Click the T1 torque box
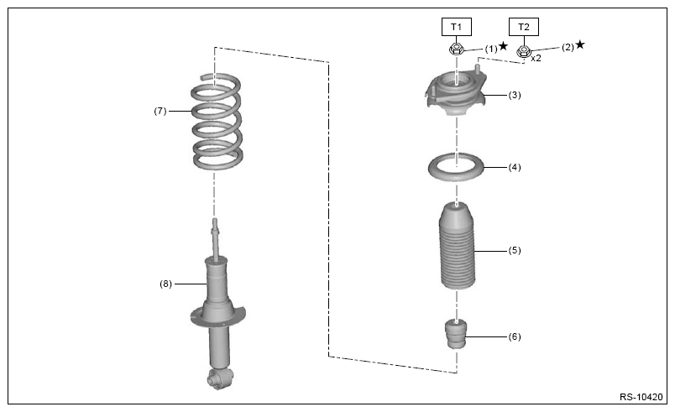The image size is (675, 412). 457,27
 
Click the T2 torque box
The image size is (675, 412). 524,27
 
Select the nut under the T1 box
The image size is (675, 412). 457,49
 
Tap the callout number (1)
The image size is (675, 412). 491,49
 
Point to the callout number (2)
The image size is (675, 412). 568,47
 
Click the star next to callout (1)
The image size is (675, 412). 503,45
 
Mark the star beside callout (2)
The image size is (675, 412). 580,44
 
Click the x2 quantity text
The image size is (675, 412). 536,58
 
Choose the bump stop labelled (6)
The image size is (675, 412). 457,334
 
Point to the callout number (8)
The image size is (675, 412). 165,284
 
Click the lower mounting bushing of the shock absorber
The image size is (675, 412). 220,378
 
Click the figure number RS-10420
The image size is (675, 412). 641,397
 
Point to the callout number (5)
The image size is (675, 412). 515,250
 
